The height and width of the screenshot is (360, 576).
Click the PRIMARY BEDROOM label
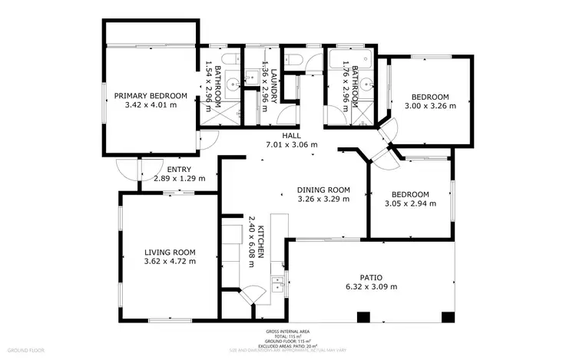[151, 96]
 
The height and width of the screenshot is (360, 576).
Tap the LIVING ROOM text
[170, 252]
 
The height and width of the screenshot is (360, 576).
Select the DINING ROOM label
[323, 190]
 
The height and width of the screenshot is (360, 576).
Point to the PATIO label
[371, 277]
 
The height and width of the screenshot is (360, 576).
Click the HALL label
[291, 136]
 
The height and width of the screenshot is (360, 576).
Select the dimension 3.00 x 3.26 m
[430, 106]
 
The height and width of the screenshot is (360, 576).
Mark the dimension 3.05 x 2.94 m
[409, 203]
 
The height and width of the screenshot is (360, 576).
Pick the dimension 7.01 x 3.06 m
[291, 144]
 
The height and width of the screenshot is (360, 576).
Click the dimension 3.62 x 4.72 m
[170, 261]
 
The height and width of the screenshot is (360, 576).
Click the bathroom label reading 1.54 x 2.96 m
[213, 88]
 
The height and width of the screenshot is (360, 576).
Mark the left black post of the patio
[362, 316]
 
